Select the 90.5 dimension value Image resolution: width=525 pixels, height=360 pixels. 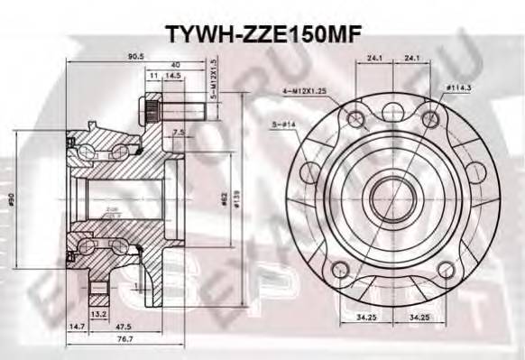(136, 57)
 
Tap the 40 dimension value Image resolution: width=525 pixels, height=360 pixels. (173, 65)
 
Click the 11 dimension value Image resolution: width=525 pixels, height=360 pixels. (152, 77)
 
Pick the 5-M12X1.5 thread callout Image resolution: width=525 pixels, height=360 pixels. (214, 78)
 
